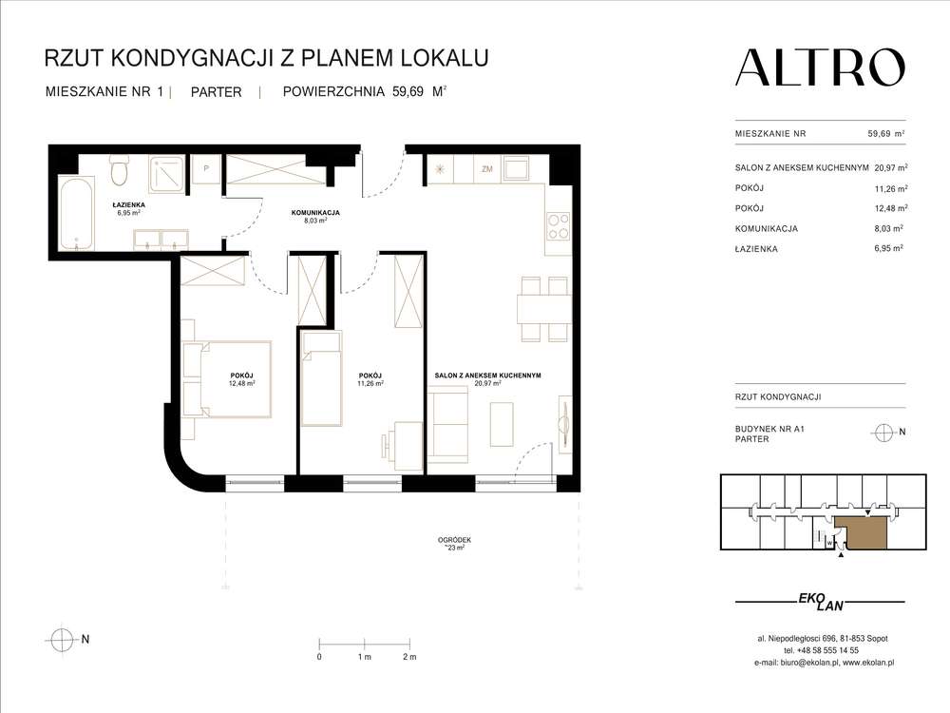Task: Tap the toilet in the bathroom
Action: coord(119,172)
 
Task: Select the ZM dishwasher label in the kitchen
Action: coord(487,169)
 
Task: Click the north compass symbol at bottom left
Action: coord(63,639)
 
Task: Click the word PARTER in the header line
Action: coord(216,92)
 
